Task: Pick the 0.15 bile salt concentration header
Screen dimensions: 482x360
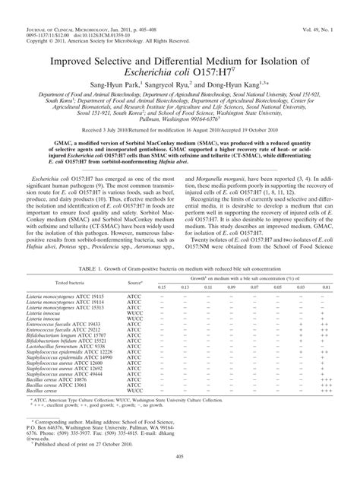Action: [160, 265]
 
